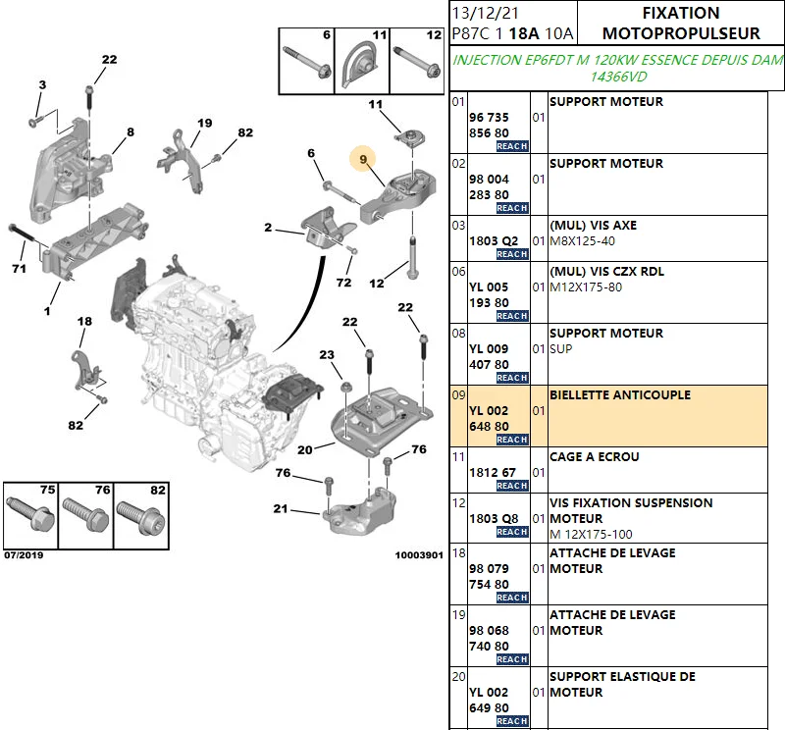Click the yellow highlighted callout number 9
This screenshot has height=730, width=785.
click(x=363, y=158)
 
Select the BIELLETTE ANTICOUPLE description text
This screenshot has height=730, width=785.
click(x=619, y=395)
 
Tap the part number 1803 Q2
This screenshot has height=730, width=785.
click(x=493, y=240)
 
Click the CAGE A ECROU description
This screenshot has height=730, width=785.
click(x=594, y=457)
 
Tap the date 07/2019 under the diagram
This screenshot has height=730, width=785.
click(x=24, y=555)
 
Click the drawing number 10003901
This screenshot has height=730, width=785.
click(x=419, y=555)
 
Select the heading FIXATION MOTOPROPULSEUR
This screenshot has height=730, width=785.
click(x=680, y=24)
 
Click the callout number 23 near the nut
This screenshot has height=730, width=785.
click(x=327, y=355)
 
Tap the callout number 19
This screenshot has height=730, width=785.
click(x=204, y=123)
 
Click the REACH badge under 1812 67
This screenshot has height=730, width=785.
click(x=511, y=486)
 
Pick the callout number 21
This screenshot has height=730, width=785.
click(x=281, y=508)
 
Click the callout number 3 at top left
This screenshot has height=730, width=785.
click(x=42, y=85)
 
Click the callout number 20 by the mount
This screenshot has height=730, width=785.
click(x=304, y=450)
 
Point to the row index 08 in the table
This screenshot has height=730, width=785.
click(x=457, y=334)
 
